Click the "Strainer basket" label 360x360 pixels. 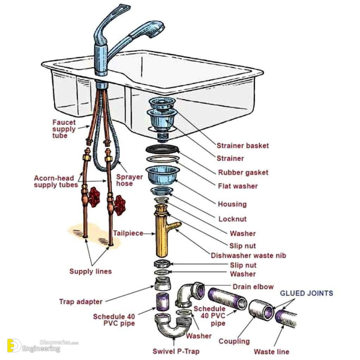point(243,146)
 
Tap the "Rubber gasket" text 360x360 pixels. point(243,172)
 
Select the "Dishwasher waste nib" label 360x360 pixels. point(248,256)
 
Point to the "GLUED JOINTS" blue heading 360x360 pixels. point(306,293)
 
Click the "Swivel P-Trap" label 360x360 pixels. point(176,351)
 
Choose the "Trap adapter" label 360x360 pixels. point(81,301)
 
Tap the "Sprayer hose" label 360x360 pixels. point(130,180)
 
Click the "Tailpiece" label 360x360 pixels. point(128,233)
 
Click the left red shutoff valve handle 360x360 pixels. point(94,197)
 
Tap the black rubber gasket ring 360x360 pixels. point(162,149)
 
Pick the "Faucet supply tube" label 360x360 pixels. point(64,129)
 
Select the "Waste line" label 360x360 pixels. point(271,352)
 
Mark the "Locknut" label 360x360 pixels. point(232,219)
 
